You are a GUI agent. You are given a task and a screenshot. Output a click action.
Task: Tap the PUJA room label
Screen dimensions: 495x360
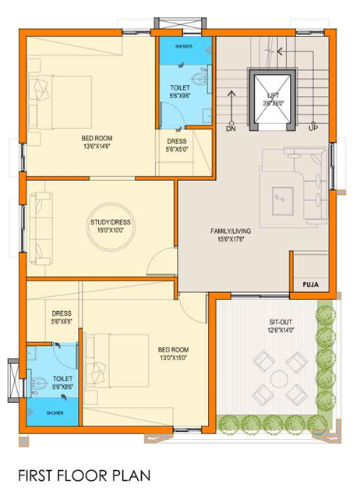(x=310, y=285)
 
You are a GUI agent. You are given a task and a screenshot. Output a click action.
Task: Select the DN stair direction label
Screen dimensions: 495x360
(x=231, y=128)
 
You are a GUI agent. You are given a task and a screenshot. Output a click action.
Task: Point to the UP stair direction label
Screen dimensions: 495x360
(x=313, y=128)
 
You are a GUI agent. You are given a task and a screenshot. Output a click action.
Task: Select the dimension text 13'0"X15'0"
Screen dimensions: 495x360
(x=174, y=357)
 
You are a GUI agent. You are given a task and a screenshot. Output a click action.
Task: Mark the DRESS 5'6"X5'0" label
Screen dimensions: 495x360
(x=176, y=145)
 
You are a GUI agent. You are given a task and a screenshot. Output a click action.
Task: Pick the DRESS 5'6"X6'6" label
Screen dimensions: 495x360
(x=62, y=317)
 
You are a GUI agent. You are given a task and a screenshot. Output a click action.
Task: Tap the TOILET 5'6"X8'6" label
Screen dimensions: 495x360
(x=62, y=383)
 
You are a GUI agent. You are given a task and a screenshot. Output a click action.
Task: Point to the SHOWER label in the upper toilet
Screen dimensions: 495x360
(x=184, y=47)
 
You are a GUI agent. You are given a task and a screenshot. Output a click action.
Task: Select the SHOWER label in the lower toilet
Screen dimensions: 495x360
(x=55, y=412)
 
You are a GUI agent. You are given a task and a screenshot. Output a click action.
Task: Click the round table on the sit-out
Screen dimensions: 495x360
(x=278, y=380)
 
